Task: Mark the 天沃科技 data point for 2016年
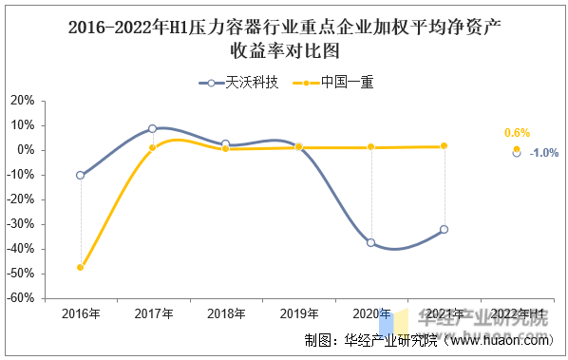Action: [x=80, y=175]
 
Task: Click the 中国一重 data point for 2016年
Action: [x=80, y=267]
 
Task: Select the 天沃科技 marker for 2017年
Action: [x=152, y=128]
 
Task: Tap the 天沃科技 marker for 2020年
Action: [x=370, y=242]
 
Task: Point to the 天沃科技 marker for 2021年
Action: [x=444, y=229]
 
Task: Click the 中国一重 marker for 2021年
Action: [x=444, y=146]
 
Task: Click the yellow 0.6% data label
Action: [x=517, y=133]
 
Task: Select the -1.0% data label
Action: [x=544, y=153]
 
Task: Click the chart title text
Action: [x=284, y=39]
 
